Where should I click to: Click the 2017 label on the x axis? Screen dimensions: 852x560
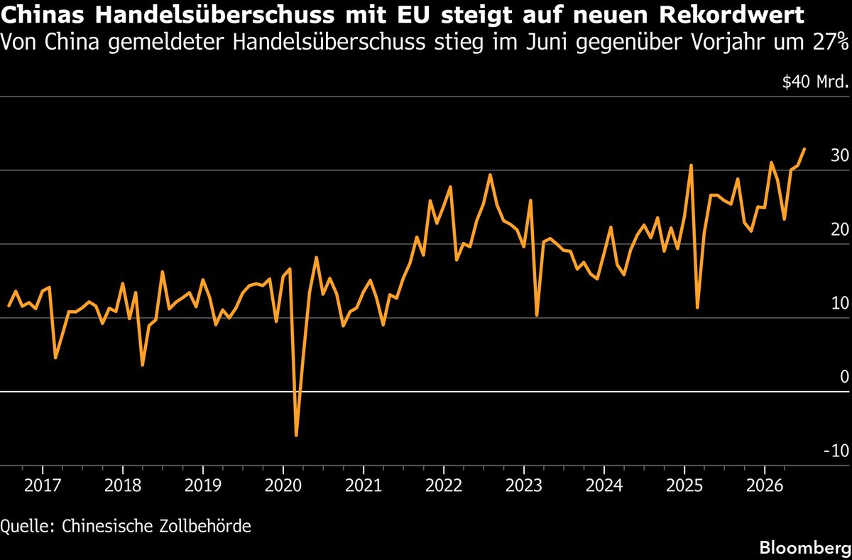pos(42,486)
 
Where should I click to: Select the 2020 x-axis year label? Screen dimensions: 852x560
pos(283,486)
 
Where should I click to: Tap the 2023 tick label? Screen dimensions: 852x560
pos(524,486)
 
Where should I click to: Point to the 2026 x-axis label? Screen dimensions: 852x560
pos(765,486)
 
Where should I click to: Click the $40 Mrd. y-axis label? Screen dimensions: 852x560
pos(815,82)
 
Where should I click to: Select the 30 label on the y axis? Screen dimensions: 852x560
pos(839,155)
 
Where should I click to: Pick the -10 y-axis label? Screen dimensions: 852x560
pos(836,451)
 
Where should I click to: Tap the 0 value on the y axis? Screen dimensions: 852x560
pos(844,377)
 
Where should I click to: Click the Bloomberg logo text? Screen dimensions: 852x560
pos(805,549)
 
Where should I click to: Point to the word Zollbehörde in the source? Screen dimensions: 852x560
pos(205,526)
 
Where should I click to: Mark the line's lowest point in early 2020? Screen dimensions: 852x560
pos(296,435)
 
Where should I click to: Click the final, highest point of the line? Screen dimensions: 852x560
pos(804,149)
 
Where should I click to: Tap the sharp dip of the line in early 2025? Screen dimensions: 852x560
pos(697,307)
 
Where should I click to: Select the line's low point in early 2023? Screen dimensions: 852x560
pos(537,315)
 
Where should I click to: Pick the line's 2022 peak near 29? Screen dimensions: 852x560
pos(490,175)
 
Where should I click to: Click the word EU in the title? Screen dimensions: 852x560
pos(413,15)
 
